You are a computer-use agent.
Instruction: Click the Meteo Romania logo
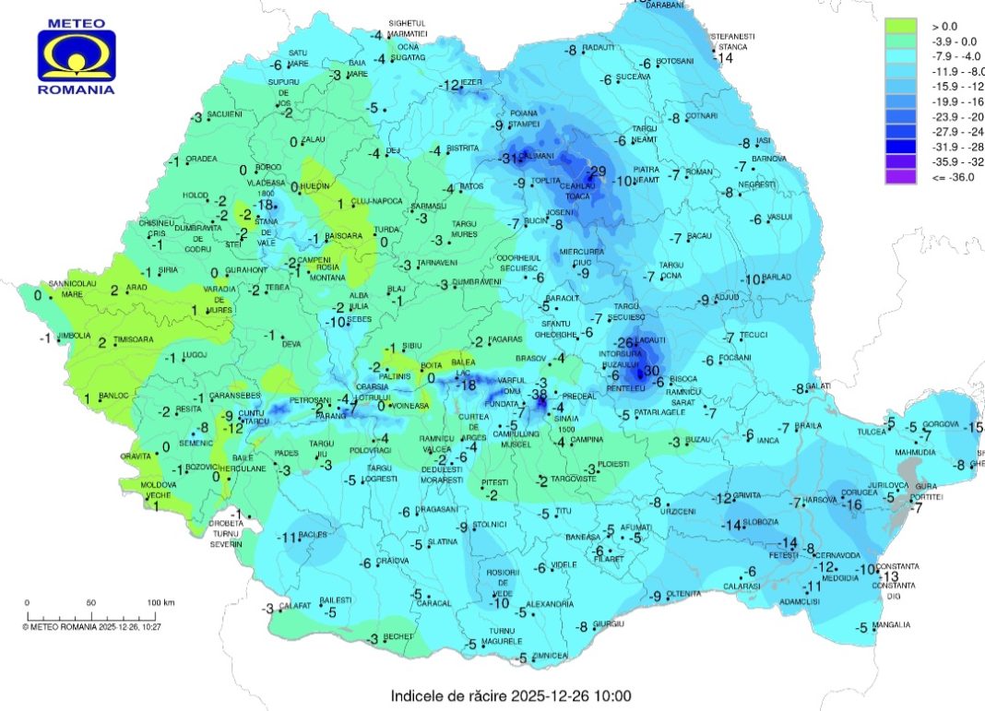pyautogui.click(x=76, y=55)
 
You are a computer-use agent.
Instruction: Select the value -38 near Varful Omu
pyautogui.click(x=540, y=395)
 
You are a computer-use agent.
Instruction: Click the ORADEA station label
pyautogui.click(x=201, y=159)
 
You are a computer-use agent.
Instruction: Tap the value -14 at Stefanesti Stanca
pyautogui.click(x=721, y=57)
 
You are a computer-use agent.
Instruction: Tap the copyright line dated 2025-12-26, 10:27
pyautogui.click(x=91, y=627)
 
